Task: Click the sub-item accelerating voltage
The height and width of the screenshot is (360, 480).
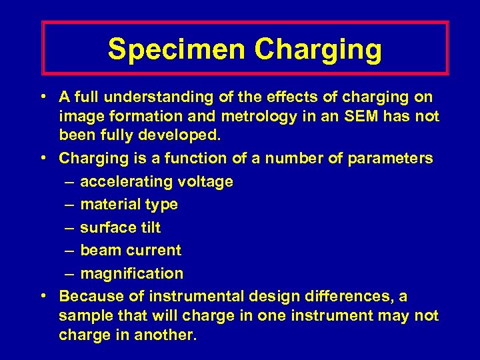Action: [x=156, y=181]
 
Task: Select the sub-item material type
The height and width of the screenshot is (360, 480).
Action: [x=129, y=205]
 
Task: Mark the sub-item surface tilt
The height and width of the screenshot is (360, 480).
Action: [x=120, y=227]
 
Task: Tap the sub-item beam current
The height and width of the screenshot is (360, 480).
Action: [x=130, y=251]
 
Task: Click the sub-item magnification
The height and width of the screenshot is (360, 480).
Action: [x=131, y=273]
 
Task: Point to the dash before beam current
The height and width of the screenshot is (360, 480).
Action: [x=70, y=251]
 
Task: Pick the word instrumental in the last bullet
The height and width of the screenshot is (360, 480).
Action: [x=194, y=296]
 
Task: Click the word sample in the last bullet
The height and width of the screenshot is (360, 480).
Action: [x=83, y=315]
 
